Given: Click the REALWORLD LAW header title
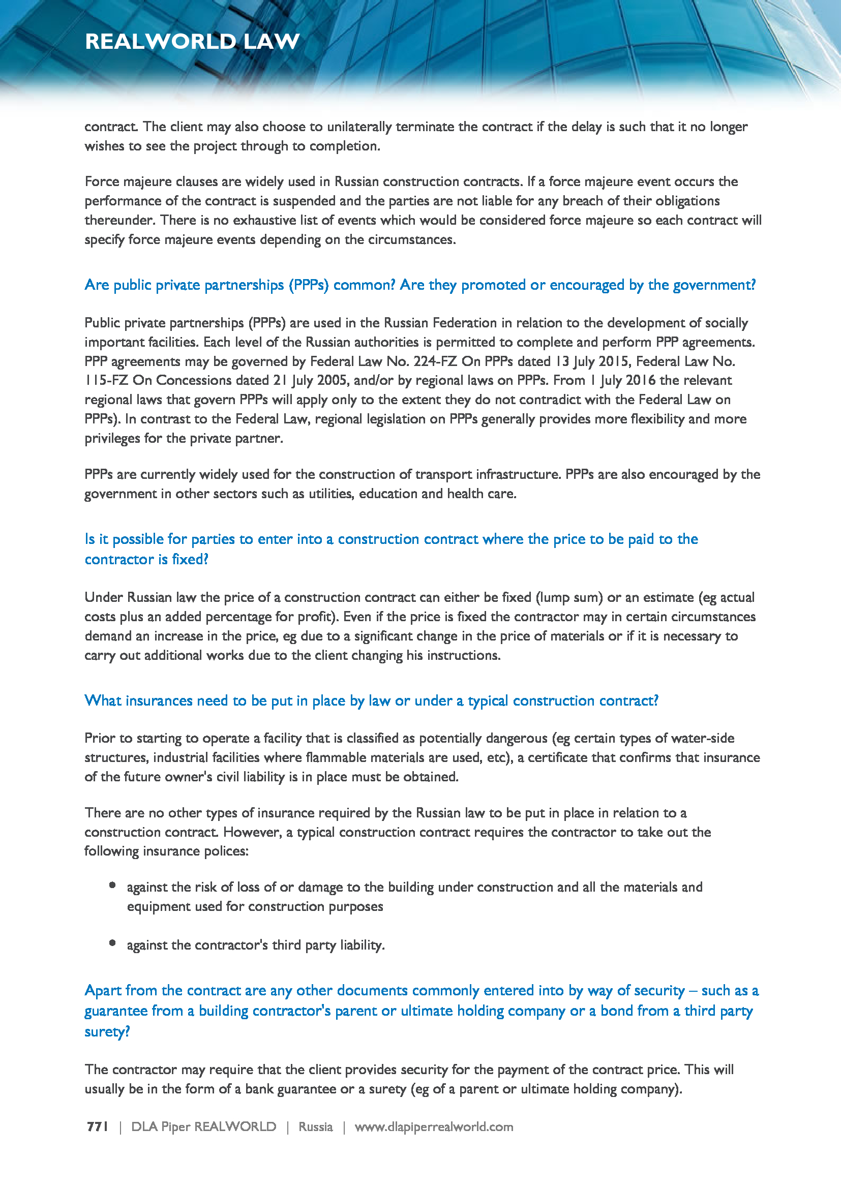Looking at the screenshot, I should (x=192, y=41).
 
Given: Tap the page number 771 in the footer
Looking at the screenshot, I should (x=97, y=1127).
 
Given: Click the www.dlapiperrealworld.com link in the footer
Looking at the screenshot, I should (x=433, y=1127).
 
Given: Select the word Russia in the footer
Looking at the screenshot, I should (x=315, y=1127).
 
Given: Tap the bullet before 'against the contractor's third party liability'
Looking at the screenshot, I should (x=112, y=943).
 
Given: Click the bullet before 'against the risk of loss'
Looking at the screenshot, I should (x=112, y=885).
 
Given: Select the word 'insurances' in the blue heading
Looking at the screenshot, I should (x=159, y=700).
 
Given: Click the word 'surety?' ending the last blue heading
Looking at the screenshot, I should (x=107, y=1031).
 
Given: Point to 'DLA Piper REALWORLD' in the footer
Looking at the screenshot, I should (x=203, y=1127).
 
